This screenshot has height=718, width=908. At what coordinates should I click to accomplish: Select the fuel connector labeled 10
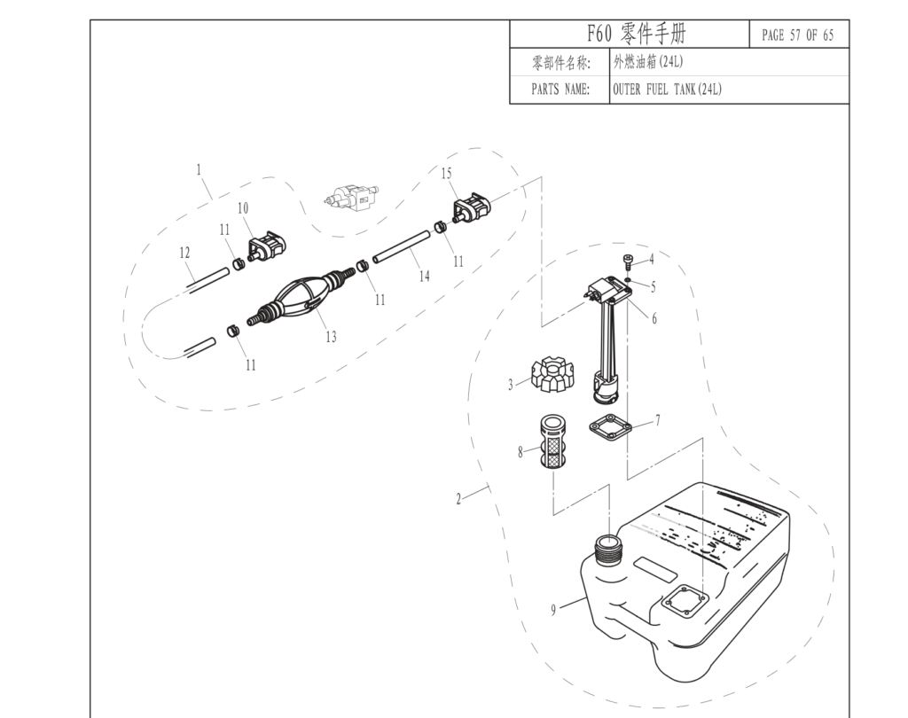(265, 247)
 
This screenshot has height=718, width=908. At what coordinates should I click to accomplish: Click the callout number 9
(553, 610)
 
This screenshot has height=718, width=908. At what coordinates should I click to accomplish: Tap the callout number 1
(199, 168)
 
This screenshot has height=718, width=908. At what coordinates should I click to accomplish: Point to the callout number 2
(458, 499)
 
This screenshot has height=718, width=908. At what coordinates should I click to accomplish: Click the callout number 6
(654, 319)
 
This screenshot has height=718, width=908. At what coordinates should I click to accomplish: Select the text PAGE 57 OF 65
(797, 35)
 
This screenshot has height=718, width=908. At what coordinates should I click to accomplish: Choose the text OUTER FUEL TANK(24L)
(667, 90)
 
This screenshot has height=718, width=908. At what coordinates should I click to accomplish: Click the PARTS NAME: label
(560, 90)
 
